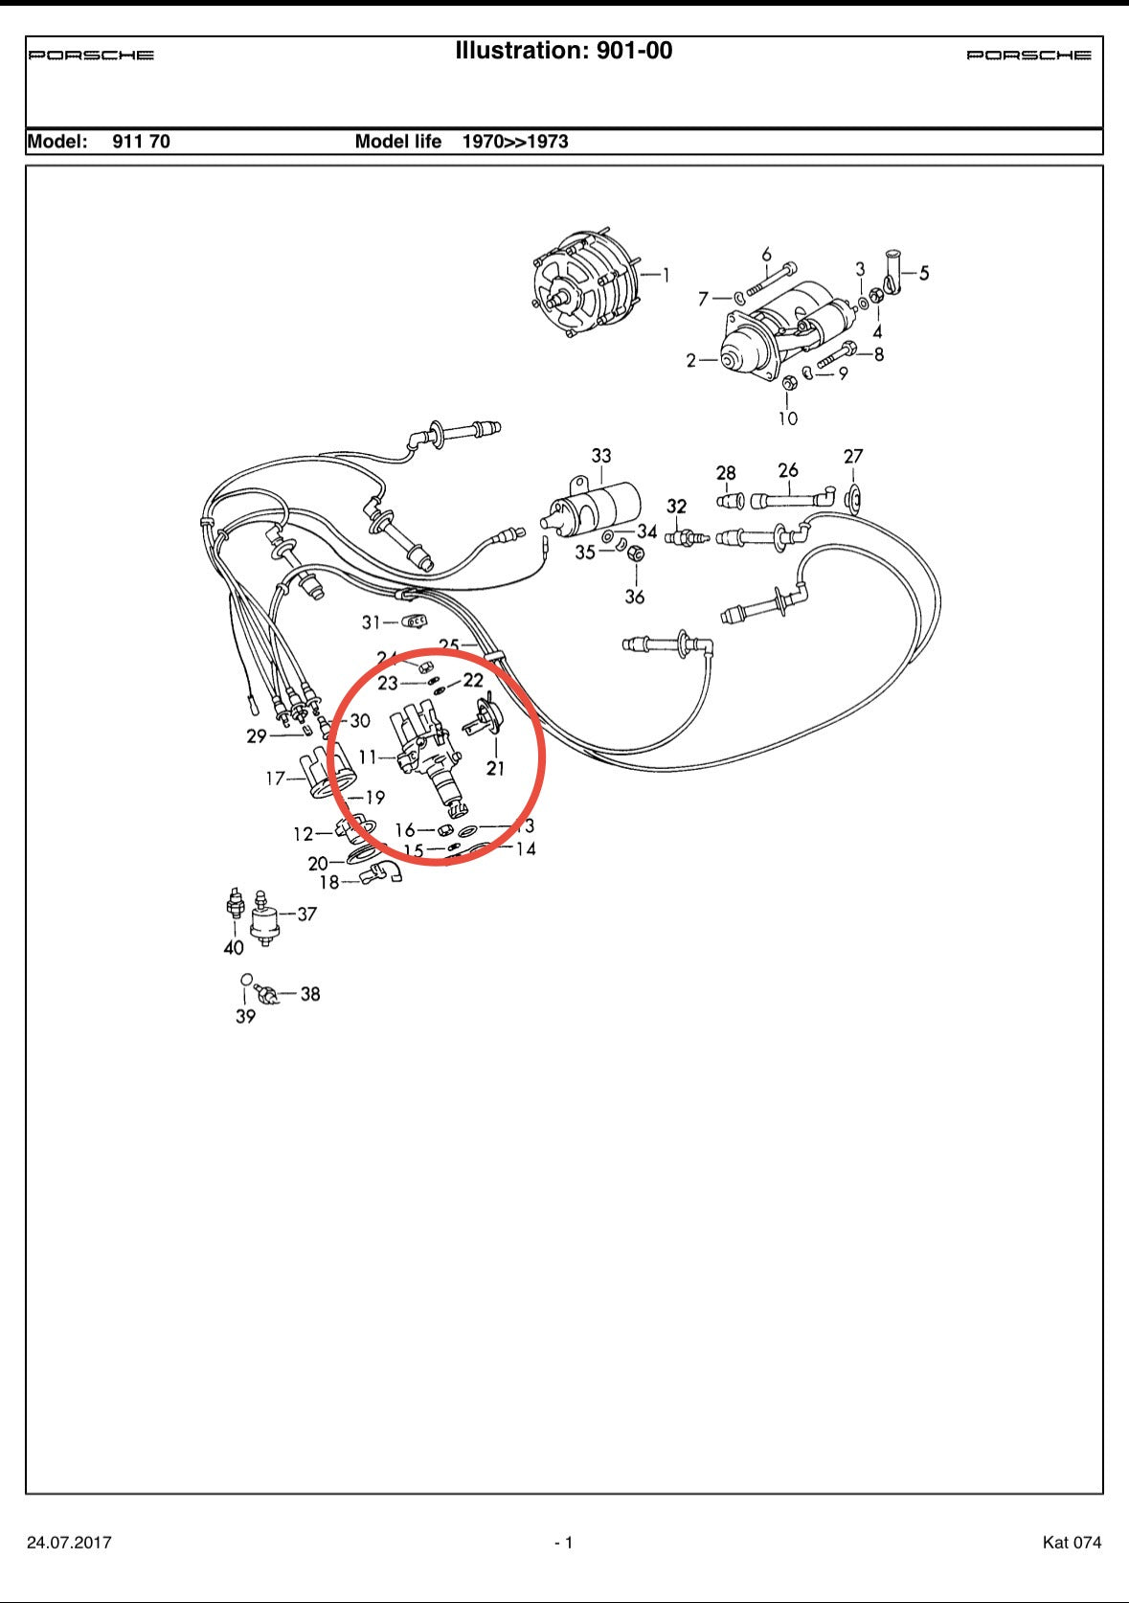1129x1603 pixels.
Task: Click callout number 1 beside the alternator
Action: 666,276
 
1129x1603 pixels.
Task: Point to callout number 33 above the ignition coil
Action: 601,456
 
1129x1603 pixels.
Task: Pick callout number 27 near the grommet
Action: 853,457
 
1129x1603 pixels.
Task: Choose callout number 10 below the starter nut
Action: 787,418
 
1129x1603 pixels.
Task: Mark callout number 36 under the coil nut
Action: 635,597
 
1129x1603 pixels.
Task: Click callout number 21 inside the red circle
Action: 495,768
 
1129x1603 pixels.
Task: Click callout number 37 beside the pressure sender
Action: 306,914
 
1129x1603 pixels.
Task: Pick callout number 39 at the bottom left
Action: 245,1016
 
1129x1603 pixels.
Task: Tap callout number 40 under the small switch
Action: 234,947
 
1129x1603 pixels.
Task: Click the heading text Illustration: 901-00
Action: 563,51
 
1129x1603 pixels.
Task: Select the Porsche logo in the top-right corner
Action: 1028,56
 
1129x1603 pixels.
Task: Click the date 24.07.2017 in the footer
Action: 69,1542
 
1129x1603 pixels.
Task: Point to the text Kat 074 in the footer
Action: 1072,1542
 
